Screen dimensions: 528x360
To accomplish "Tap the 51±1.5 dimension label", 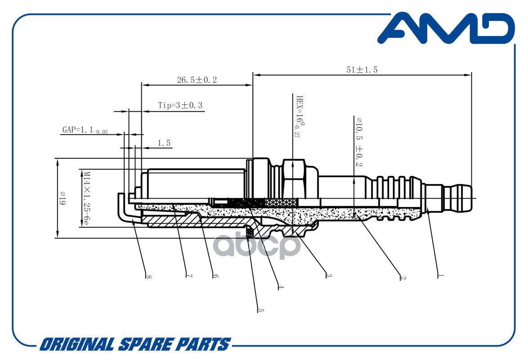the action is [x=362, y=70].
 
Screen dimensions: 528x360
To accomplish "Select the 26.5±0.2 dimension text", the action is [x=197, y=80].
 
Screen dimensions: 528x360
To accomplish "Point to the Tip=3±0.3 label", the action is [x=180, y=105].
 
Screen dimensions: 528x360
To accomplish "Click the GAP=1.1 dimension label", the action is [x=85, y=130].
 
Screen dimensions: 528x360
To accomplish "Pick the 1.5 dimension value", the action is [x=164, y=143].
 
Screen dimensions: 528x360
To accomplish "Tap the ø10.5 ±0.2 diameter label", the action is [x=359, y=142].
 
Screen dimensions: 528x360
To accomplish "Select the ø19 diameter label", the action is [x=63, y=198].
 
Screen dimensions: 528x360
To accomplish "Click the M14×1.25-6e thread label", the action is [x=86, y=198].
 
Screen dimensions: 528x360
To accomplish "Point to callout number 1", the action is [x=440, y=276].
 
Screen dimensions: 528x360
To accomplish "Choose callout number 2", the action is [x=403, y=277].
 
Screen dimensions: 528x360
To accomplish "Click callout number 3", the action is [x=329, y=275].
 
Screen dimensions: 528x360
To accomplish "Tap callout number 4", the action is [x=281, y=287].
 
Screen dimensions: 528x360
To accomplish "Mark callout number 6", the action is [x=215, y=276].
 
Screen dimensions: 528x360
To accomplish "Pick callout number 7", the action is [x=189, y=276].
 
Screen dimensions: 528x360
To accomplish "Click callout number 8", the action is [x=148, y=277].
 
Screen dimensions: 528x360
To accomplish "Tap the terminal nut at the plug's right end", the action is [x=458, y=198].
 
